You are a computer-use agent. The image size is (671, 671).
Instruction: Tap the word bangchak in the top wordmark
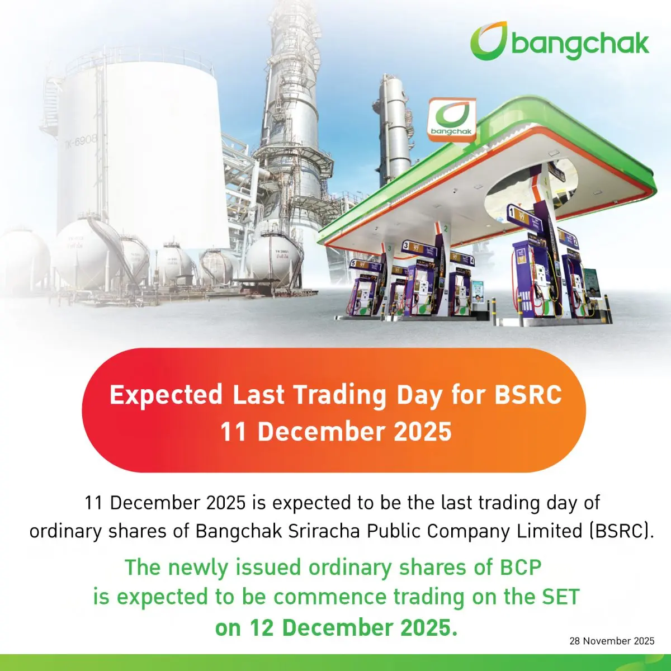point(580,44)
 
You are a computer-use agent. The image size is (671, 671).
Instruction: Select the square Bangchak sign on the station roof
point(451,118)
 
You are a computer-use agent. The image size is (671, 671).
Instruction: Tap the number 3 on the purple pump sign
point(405,245)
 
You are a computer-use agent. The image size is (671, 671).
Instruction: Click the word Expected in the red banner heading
point(166,395)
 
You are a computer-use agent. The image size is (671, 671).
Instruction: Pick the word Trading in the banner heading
point(339,395)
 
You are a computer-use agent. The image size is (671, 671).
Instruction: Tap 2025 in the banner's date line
point(422,432)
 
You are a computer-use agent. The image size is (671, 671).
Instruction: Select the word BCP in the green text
point(519,567)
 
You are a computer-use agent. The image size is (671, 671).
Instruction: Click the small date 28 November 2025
point(612,641)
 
